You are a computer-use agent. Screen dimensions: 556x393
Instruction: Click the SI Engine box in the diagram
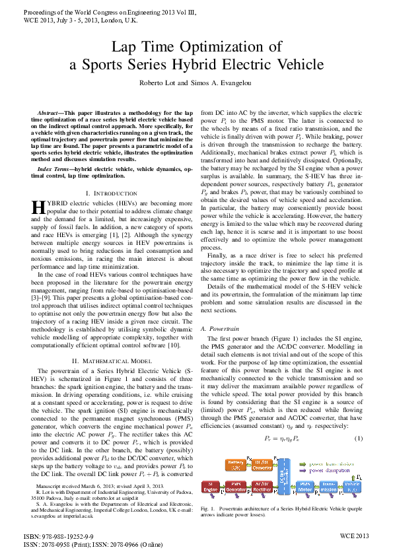pos(211,487)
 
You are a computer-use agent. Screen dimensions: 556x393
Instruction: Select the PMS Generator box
pos(237,487)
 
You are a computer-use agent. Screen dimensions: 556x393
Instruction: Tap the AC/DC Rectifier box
pos(262,487)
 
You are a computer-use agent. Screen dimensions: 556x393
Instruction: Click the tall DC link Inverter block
pos(282,477)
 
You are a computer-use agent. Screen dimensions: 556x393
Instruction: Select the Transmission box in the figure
pos(329,487)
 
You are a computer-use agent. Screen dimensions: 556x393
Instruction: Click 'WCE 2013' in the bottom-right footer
pos(355,536)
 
